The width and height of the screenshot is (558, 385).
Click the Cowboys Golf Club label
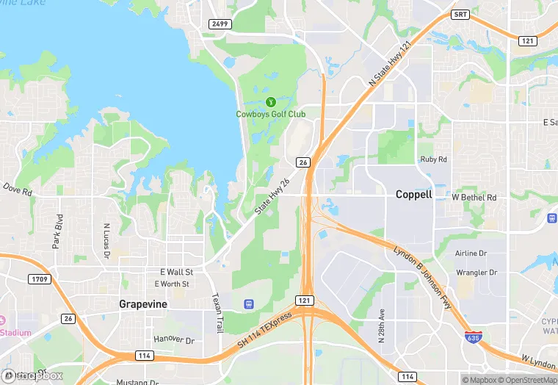pos(270,114)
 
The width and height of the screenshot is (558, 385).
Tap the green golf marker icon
pos(270,101)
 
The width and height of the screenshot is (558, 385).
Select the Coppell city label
pos(414,195)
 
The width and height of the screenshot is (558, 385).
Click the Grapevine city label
pos(143,303)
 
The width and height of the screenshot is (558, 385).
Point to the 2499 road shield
pos(220,24)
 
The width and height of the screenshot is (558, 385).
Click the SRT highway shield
pos(460,14)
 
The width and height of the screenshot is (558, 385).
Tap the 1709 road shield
pos(39,278)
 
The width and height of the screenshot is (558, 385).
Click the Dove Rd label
pos(17,191)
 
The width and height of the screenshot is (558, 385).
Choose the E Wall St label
pos(175,272)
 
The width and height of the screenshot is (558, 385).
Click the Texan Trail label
pos(216,312)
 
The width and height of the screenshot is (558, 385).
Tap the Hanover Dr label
pos(174,340)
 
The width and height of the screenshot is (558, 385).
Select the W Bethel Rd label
pos(474,198)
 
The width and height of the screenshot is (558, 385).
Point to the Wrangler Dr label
pos(477,272)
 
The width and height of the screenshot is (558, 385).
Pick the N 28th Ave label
pos(382,323)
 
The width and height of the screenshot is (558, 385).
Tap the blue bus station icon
pos(249,303)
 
